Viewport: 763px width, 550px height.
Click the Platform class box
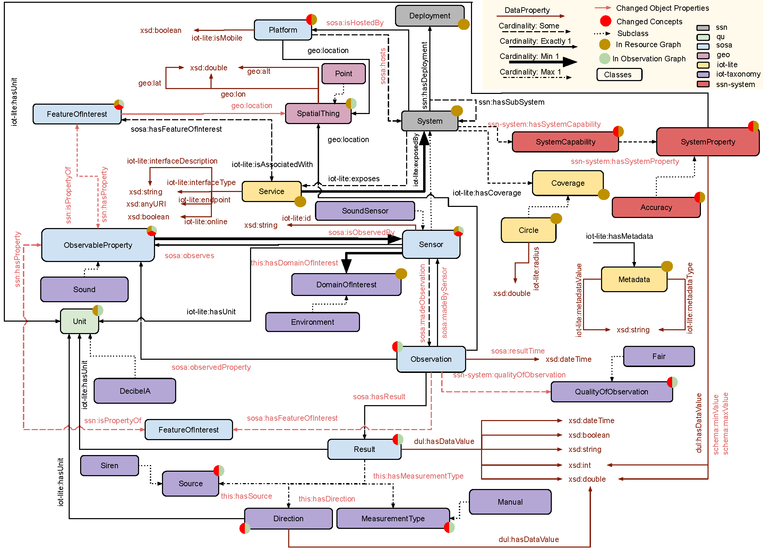tap(283, 30)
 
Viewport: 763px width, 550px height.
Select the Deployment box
tap(429, 16)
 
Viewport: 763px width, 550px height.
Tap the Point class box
tap(343, 73)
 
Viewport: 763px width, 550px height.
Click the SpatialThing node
tap(318, 114)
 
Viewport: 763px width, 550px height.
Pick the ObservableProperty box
tap(98, 245)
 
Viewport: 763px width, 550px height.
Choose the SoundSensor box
tap(365, 211)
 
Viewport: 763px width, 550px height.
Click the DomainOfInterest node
tap(346, 285)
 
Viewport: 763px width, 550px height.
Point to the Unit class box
tap(79, 321)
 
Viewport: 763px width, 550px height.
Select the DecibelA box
tap(135, 391)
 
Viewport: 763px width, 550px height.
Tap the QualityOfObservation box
tap(611, 392)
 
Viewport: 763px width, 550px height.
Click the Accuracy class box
tap(656, 207)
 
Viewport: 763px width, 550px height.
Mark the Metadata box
tap(634, 279)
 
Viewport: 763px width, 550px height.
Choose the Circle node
tap(528, 230)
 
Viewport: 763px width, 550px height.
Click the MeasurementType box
tap(393, 518)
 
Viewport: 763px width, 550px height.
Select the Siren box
tap(109, 465)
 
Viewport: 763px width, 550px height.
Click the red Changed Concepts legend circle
tap(606, 21)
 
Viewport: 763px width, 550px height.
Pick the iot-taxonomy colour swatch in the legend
tap(703, 74)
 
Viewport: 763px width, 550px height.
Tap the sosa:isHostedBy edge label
tap(355, 23)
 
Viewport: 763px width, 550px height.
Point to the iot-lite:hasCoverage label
tap(487, 193)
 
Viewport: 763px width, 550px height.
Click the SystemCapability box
tap(565, 142)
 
